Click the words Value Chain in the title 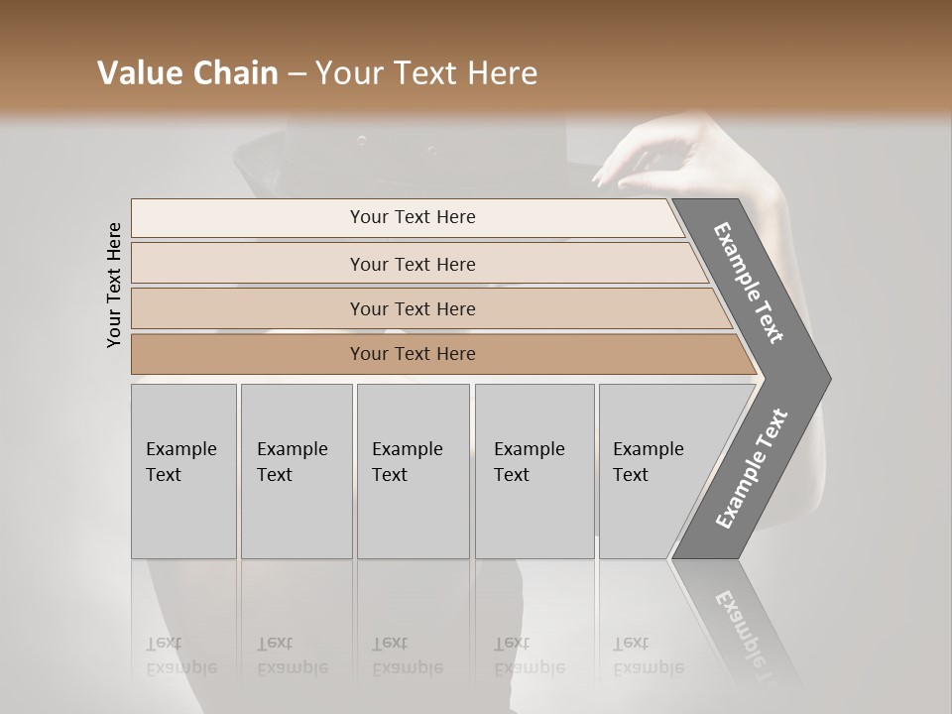tap(187, 73)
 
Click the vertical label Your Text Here tap(114, 285)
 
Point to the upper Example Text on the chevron tap(749, 283)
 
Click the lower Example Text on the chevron tap(751, 469)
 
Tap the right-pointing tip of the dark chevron tap(824, 378)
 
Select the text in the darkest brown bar tap(413, 354)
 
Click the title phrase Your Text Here tap(425, 73)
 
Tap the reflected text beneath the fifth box tap(648, 655)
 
